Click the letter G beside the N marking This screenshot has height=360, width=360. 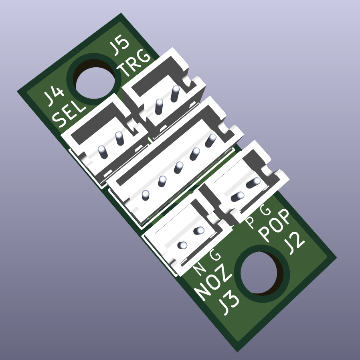click(215, 254)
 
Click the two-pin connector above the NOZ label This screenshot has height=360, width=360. click(184, 237)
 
